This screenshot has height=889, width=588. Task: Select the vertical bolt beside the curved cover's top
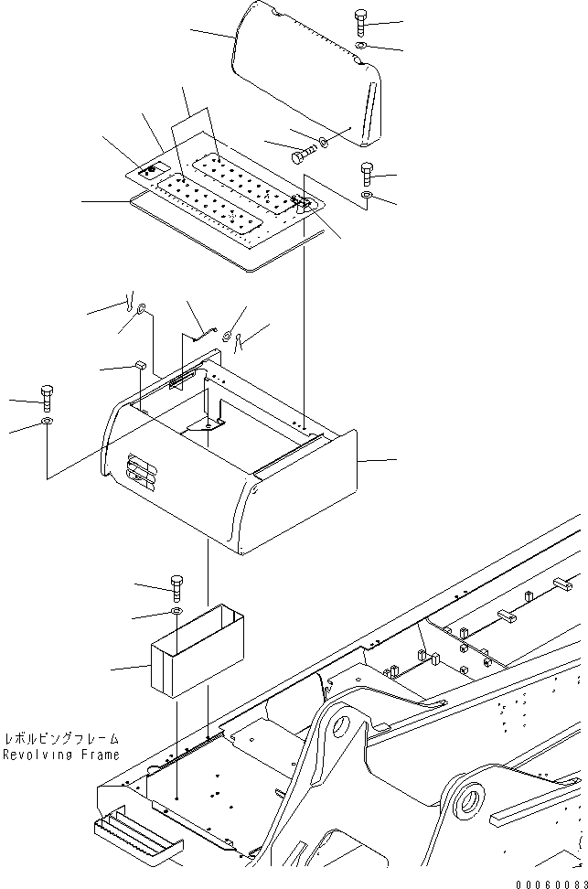coord(359,22)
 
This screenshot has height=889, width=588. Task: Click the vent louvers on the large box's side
coord(142,471)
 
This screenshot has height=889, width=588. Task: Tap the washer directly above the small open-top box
coord(176,610)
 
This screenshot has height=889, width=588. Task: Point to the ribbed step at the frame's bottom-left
coord(133,836)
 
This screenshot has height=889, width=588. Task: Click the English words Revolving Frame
coord(60,755)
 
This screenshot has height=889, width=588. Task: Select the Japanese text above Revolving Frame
coord(60,739)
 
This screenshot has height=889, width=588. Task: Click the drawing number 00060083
coord(546,881)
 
